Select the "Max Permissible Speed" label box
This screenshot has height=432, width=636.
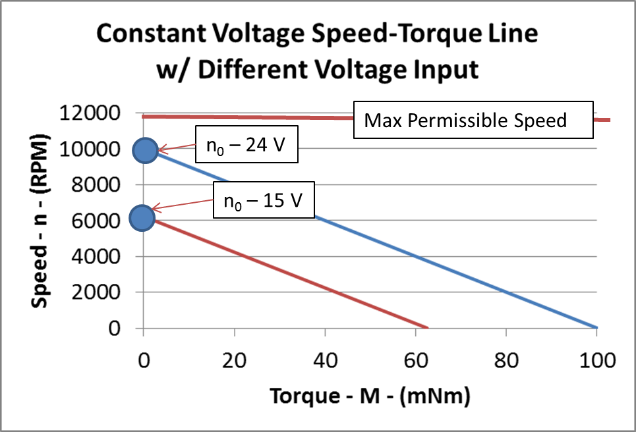465,121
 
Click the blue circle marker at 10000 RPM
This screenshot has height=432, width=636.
144,150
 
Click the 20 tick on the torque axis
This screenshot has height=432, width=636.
234,360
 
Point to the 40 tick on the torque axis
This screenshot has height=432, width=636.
324,360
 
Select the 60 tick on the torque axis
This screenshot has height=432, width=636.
415,360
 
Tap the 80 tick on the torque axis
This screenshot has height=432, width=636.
506,360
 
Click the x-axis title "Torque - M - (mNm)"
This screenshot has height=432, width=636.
369,396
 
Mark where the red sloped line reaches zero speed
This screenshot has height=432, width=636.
427,327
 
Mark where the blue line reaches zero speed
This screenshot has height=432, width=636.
596,327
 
